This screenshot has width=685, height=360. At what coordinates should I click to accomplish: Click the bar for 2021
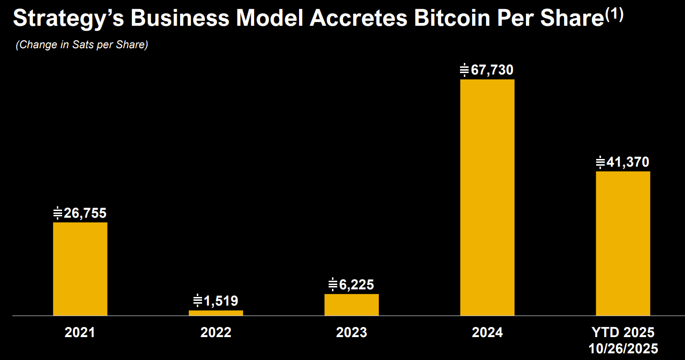[80, 269]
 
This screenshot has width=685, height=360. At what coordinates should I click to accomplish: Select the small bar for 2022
[215, 313]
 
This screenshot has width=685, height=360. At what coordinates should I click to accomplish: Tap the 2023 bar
[351, 305]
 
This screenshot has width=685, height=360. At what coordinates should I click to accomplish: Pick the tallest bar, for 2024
[487, 197]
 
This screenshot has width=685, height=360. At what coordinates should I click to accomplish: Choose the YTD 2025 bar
[622, 243]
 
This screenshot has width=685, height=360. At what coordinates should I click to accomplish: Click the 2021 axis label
[80, 332]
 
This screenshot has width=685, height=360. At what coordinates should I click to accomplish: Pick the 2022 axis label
[215, 332]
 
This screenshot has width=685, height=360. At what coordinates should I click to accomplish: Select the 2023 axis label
[351, 332]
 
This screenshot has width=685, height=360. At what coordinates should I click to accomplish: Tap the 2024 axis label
[487, 332]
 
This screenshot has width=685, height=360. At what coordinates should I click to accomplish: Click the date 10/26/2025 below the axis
[622, 348]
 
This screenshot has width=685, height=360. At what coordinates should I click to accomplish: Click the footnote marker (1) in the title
[614, 14]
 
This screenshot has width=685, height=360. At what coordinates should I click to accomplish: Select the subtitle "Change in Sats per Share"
[82, 45]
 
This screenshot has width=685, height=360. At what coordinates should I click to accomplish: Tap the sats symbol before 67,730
[464, 70]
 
